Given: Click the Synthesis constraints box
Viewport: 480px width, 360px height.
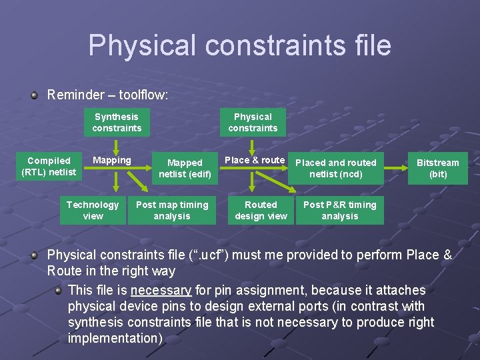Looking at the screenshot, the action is click(x=117, y=122).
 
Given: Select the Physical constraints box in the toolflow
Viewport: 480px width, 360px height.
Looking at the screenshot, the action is click(x=253, y=122).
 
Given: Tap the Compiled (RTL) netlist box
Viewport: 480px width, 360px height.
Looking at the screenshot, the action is click(x=49, y=167).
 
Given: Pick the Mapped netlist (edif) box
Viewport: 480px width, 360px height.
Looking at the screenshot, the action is click(x=185, y=168).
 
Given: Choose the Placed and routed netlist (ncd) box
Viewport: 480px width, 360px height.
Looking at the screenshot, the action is click(x=335, y=168).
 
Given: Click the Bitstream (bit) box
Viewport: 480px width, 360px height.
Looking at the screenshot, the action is click(x=437, y=168).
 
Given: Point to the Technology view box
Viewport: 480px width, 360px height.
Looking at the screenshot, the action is click(x=93, y=210).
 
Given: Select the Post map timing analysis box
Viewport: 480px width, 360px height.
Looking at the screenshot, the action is click(x=172, y=210).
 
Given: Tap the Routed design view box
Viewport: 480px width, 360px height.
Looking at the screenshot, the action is click(x=261, y=210).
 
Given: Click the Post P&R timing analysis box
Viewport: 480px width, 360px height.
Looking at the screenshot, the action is click(x=339, y=210).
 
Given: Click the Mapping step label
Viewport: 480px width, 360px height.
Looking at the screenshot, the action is click(x=112, y=160).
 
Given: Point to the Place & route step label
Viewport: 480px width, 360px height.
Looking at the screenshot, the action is click(x=255, y=160).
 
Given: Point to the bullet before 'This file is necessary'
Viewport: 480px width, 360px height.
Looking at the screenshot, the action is click(x=58, y=290).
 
